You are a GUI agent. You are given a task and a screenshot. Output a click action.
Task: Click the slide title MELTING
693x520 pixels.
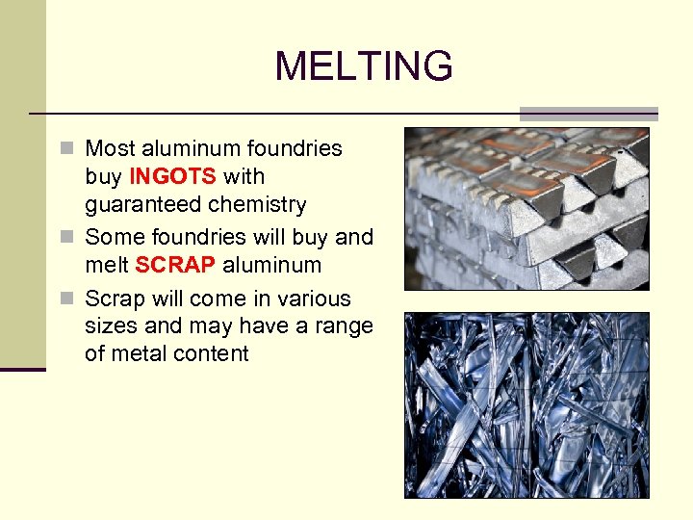[x=363, y=66]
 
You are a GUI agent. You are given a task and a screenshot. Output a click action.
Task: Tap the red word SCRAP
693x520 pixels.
[x=176, y=265]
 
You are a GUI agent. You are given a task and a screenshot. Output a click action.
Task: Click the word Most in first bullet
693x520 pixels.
[x=110, y=148]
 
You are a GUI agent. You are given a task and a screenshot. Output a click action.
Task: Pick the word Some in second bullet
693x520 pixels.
[x=112, y=237]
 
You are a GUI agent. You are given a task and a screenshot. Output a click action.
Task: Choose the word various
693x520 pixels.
[x=314, y=299]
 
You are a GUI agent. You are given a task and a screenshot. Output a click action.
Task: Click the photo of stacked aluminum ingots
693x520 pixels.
[x=526, y=208]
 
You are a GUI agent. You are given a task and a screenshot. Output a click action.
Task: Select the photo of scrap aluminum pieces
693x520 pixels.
[x=526, y=404]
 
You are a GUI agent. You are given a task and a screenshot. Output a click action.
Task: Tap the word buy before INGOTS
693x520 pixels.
[x=103, y=176]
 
